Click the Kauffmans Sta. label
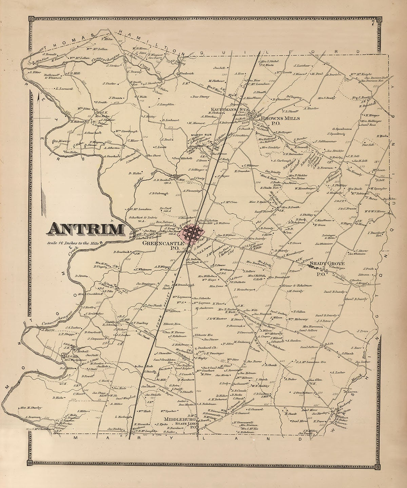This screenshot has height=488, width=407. point(229,109)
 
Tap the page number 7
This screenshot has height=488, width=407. point(372,23)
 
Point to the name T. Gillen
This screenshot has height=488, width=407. point(299,311)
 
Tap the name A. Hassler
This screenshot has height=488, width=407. point(310,108)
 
